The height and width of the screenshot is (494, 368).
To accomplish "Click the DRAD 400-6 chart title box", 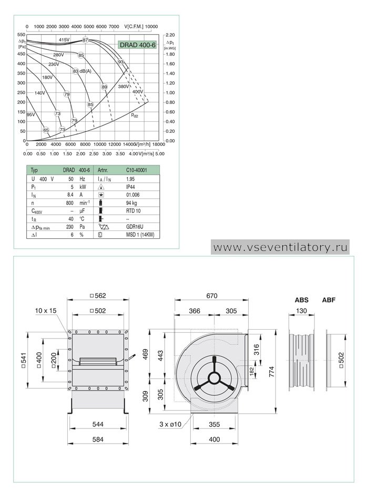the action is click(137, 45).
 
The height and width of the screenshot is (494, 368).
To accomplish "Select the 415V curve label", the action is click(64, 40).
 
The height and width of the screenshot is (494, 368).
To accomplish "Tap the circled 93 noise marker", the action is click(120, 62).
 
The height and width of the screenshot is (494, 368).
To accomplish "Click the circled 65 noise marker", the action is click(46, 130).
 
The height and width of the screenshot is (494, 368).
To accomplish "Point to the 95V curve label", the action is click(31, 114).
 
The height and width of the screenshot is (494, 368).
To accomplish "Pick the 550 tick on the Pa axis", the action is click(21, 35).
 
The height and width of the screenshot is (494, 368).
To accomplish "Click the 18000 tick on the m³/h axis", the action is click(159, 144).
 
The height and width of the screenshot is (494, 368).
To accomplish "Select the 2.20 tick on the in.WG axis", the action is click(170, 35).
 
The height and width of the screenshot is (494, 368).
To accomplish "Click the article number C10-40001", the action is click(136, 170).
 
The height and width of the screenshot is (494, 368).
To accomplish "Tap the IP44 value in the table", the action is click(130, 187).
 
